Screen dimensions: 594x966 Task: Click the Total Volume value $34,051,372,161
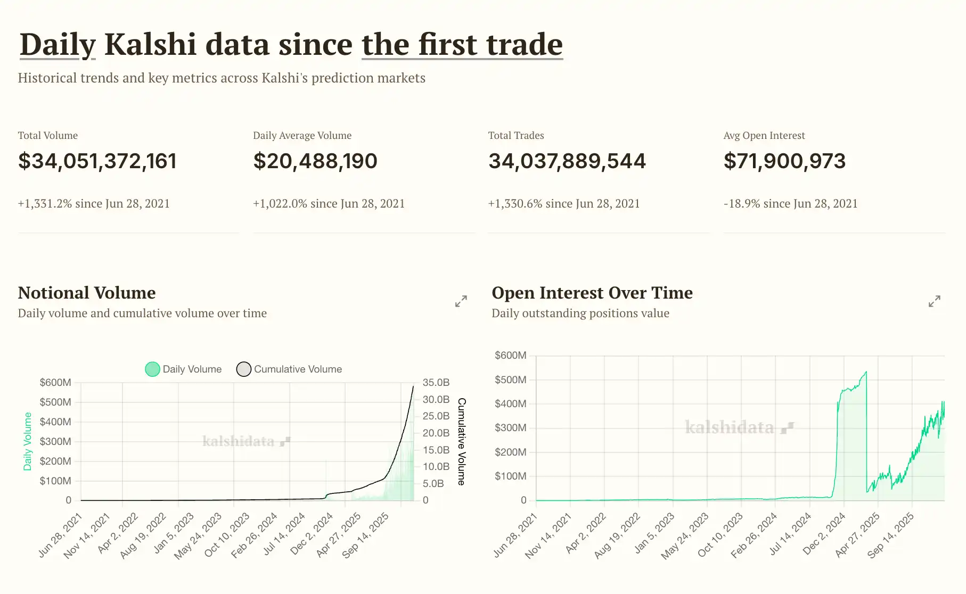97,161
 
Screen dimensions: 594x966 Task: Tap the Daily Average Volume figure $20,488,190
315,161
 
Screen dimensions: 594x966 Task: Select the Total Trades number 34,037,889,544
567,161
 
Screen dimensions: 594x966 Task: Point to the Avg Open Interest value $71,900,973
784,161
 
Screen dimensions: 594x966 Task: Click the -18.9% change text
790,204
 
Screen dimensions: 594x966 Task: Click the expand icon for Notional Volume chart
461,301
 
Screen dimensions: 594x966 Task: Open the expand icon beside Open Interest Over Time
934,301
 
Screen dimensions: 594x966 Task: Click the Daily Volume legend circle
152,369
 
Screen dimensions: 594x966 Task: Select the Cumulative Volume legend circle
243,369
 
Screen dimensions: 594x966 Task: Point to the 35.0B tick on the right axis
436,383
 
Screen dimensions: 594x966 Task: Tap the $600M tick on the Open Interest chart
510,356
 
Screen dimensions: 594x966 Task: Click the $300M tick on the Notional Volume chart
55,442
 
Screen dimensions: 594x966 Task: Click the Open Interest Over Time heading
592,293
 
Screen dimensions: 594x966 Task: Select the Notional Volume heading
87,293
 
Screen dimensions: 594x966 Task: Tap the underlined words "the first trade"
462,44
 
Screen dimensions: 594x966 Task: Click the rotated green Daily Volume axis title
28,442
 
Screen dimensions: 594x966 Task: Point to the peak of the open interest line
866,372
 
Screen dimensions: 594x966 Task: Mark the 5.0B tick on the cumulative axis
433,484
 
